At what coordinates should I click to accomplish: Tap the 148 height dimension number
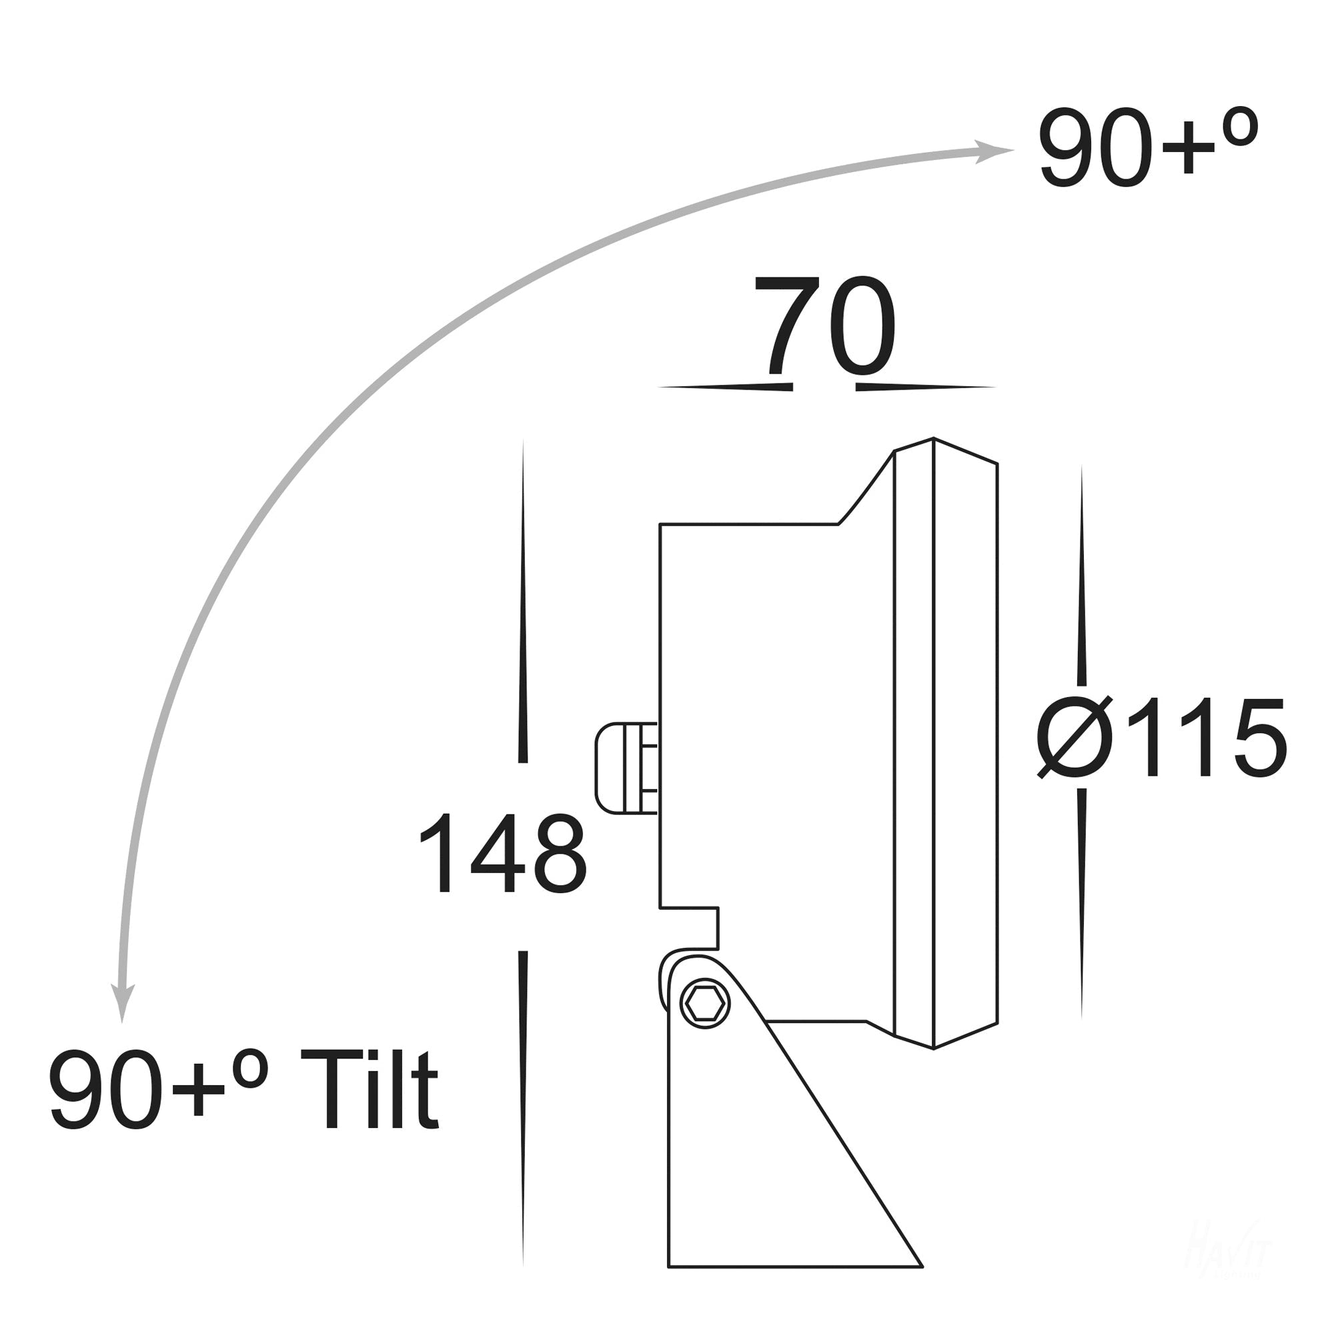click(x=502, y=854)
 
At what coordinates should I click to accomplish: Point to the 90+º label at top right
click(x=1147, y=148)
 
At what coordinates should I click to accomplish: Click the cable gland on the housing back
click(x=626, y=768)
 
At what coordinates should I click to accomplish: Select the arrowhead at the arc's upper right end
click(x=992, y=152)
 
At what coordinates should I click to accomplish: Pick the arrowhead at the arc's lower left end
click(x=123, y=1002)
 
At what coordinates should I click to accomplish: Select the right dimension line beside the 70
click(x=925, y=388)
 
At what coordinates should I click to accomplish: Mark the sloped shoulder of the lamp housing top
click(x=866, y=488)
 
